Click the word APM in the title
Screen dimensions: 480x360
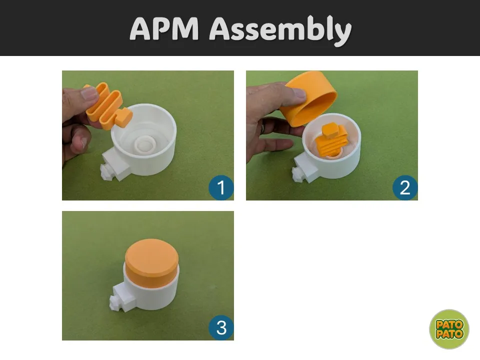(164, 28)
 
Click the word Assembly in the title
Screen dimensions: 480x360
(280, 31)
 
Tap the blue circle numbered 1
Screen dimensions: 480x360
(221, 187)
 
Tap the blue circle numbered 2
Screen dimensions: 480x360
(405, 187)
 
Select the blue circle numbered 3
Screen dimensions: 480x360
(221, 327)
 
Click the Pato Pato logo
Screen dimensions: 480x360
(449, 329)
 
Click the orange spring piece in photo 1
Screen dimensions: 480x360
(107, 105)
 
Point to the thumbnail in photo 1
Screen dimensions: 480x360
(89, 93)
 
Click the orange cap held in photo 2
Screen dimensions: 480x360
(308, 98)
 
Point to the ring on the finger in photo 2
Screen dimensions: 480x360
(262, 127)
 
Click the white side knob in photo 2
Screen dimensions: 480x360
(297, 174)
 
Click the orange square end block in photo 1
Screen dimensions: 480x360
(124, 117)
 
